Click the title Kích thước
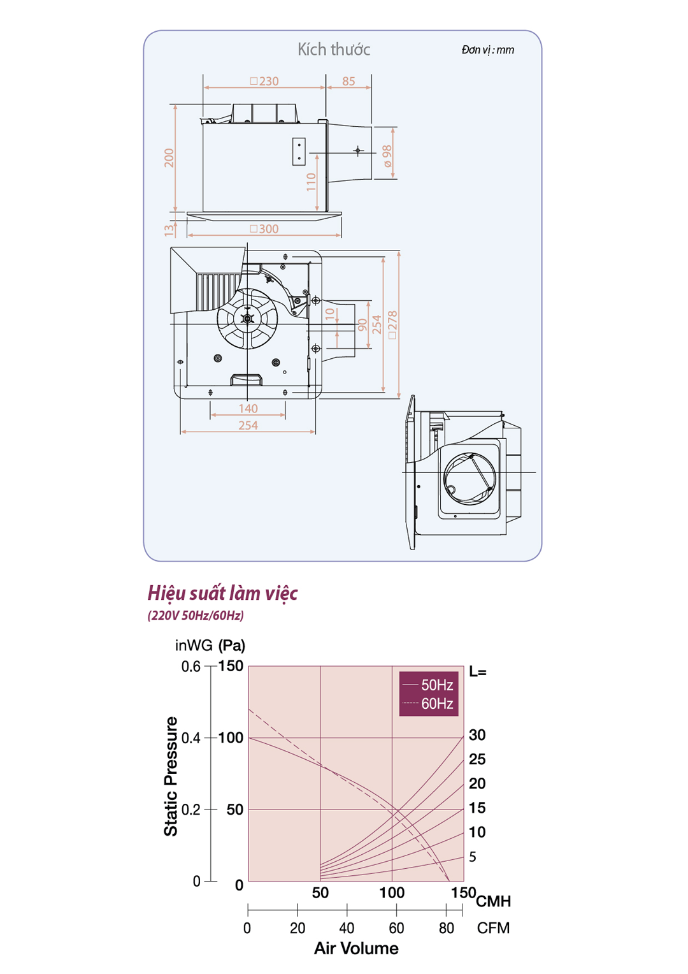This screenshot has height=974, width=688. coord(334,50)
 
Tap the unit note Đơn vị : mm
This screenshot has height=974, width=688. coord(487,50)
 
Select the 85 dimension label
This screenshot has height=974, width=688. coord(348,81)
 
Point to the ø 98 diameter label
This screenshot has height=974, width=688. coord(387,156)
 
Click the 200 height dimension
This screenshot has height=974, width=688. coord(169,158)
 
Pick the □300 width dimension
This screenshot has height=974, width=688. coord(264,229)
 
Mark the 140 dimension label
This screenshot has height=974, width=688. coord(248,409)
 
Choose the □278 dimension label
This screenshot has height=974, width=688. coord(392,325)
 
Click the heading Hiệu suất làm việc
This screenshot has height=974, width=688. coord(222,593)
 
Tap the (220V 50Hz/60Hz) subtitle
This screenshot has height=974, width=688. coord(196,616)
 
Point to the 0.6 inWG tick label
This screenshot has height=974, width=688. coord(190,667)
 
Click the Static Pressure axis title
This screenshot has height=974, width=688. coord(171,776)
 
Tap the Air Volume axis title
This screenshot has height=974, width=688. coord(356,949)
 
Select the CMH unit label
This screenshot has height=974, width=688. coord(494,901)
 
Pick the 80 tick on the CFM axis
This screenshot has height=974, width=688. coord(447,928)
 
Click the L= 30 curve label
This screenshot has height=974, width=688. coord(477,735)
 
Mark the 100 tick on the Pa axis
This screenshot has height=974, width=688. coord(231,738)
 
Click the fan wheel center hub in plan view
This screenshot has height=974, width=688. coord(248,319)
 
